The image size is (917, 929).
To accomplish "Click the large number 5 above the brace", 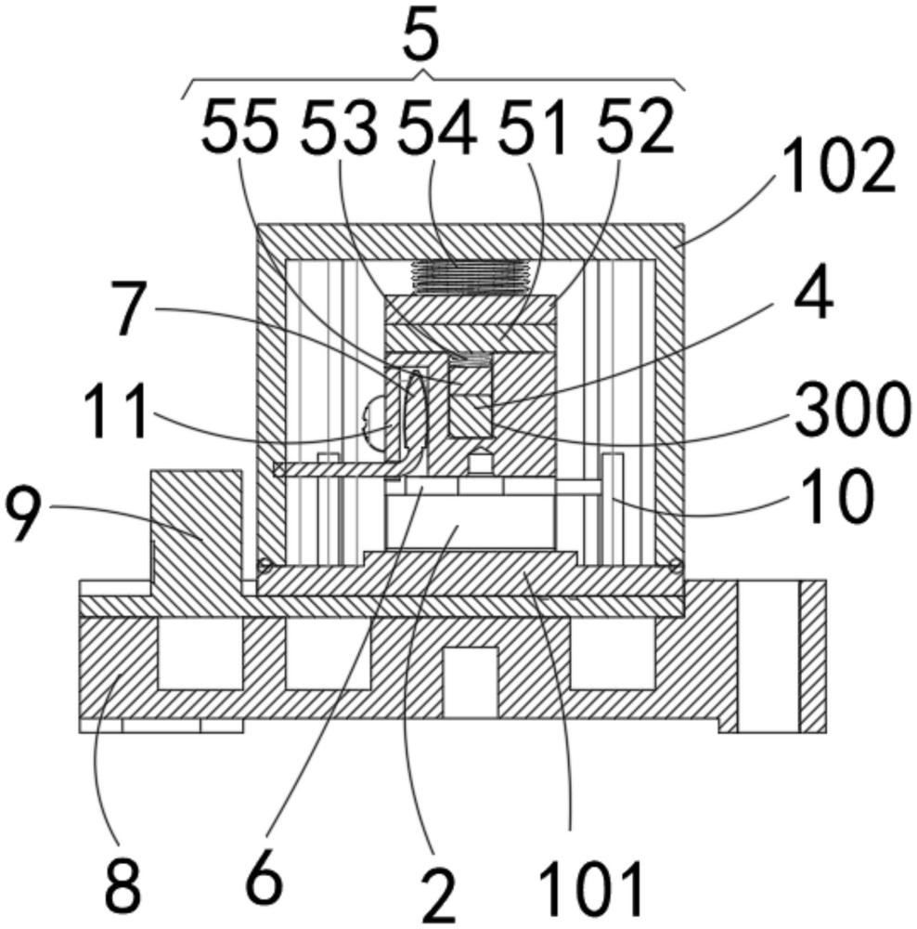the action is [420, 35].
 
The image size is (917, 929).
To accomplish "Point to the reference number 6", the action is [264, 878].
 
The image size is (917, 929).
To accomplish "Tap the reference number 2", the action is [437, 896].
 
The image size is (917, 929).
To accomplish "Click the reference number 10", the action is [836, 496].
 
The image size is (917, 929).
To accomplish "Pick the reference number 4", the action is [814, 295].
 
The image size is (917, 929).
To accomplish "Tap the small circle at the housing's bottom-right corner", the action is [675, 567].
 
